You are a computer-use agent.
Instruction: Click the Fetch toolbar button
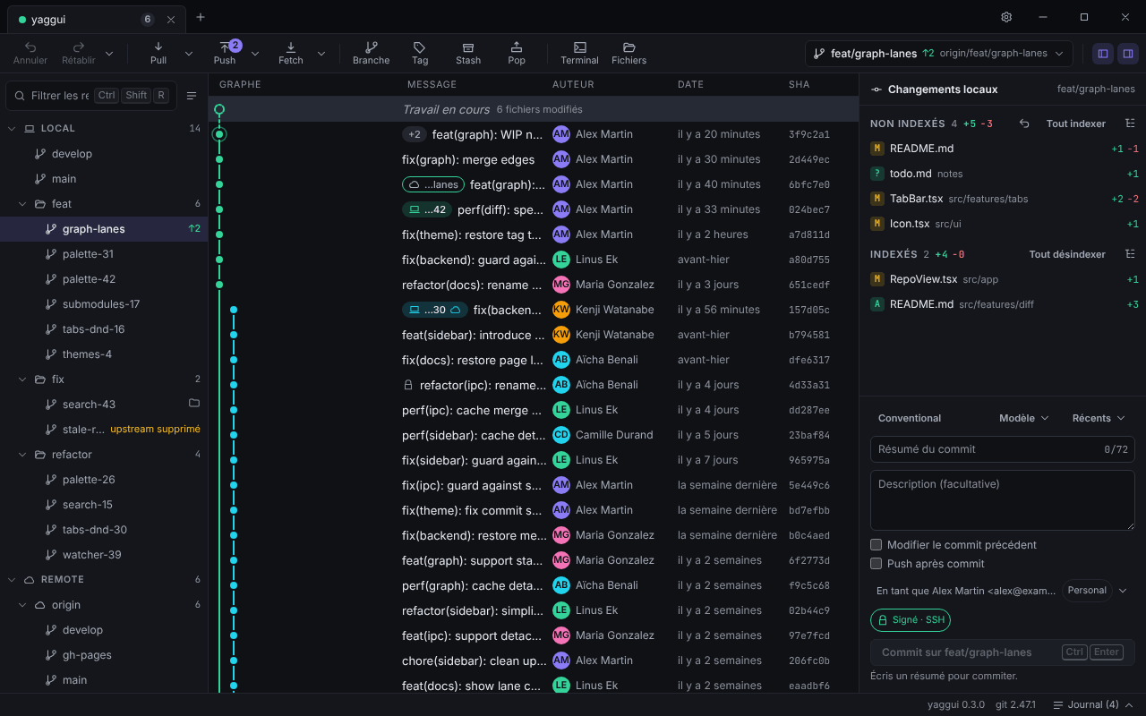[x=291, y=53]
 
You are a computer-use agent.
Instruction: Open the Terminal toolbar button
[x=579, y=53]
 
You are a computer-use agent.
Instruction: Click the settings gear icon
[x=1005, y=17]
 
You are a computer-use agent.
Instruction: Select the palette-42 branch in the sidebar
[x=89, y=278]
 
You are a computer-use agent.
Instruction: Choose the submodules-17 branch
[x=101, y=303]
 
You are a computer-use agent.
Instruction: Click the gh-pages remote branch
[x=87, y=654]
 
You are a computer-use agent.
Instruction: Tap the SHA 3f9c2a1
[x=808, y=134]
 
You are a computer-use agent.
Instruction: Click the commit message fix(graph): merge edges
[x=468, y=159]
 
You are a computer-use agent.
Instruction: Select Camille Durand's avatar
[x=561, y=435]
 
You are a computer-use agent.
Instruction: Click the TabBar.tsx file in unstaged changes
[x=916, y=199]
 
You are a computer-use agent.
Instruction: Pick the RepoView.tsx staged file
[x=923, y=279]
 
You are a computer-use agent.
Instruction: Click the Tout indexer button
[x=1075, y=124]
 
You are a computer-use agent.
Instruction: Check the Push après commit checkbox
[x=876, y=564]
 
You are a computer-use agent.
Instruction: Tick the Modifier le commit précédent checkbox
[x=876, y=545]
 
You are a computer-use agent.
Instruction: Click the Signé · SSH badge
[x=911, y=620]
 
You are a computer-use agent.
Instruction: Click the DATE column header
[x=690, y=84]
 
